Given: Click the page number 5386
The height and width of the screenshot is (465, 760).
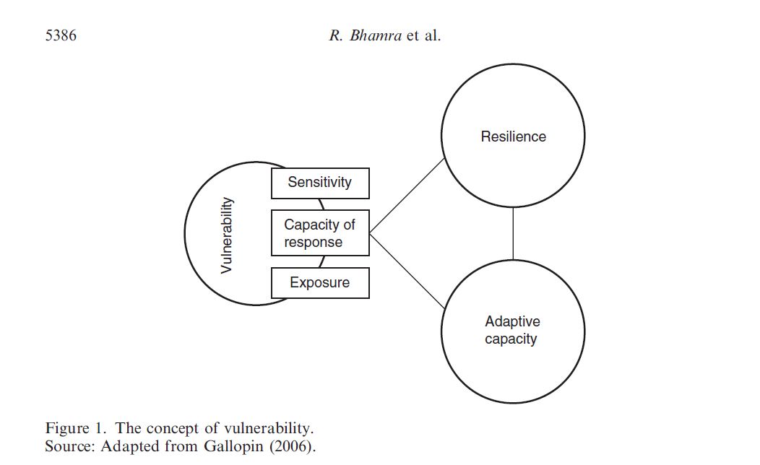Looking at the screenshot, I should [x=61, y=35].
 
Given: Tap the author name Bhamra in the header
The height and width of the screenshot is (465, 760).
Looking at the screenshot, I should [x=375, y=35].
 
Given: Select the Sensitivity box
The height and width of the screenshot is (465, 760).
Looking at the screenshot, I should [x=320, y=183].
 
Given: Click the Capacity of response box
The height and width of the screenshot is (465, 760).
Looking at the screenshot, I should [x=320, y=233].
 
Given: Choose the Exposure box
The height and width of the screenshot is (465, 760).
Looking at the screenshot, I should [x=320, y=283].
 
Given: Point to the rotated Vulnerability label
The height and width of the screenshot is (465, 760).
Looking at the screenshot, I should [x=227, y=235].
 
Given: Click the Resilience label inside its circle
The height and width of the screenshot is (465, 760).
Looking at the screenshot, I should [x=513, y=136].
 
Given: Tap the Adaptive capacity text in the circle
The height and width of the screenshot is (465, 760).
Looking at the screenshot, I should [x=511, y=330].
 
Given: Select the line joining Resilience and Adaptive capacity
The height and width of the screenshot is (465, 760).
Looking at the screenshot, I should [x=513, y=233].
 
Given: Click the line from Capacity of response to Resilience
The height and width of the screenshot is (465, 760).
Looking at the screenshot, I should [x=407, y=196].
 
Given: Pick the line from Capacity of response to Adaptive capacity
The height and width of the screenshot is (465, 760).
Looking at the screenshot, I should [x=407, y=271].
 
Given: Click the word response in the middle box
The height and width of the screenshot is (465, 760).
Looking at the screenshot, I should [x=313, y=243].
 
